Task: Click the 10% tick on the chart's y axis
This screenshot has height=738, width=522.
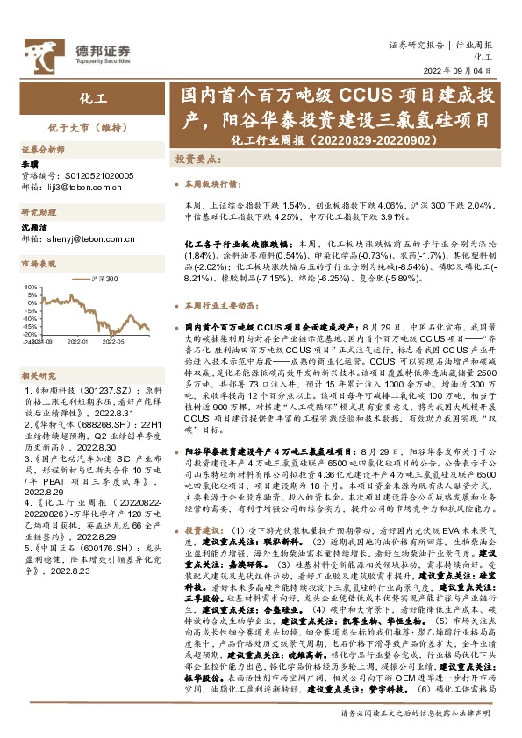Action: point(32,287)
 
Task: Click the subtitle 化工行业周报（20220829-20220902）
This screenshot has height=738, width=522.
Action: point(337,140)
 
